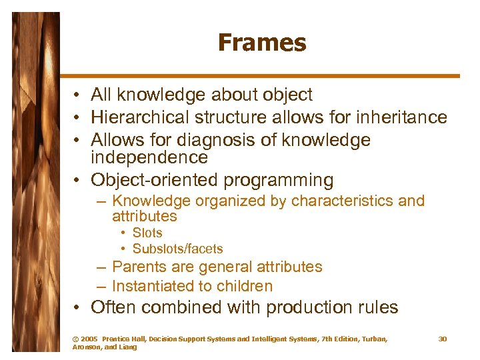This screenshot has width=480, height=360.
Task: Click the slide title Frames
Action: click(x=261, y=43)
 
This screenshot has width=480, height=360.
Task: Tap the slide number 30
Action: click(x=442, y=339)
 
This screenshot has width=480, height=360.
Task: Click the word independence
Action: click(x=149, y=158)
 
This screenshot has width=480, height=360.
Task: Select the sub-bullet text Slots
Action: click(x=147, y=233)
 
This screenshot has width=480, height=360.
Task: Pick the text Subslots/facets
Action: click(x=177, y=249)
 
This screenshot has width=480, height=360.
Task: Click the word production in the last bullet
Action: click(x=302, y=308)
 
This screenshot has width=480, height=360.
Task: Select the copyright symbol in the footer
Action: click(x=75, y=339)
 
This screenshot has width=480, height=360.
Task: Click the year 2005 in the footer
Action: click(x=89, y=339)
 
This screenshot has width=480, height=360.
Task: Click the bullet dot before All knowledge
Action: click(x=79, y=96)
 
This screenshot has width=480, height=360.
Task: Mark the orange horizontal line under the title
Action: click(x=260, y=75)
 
